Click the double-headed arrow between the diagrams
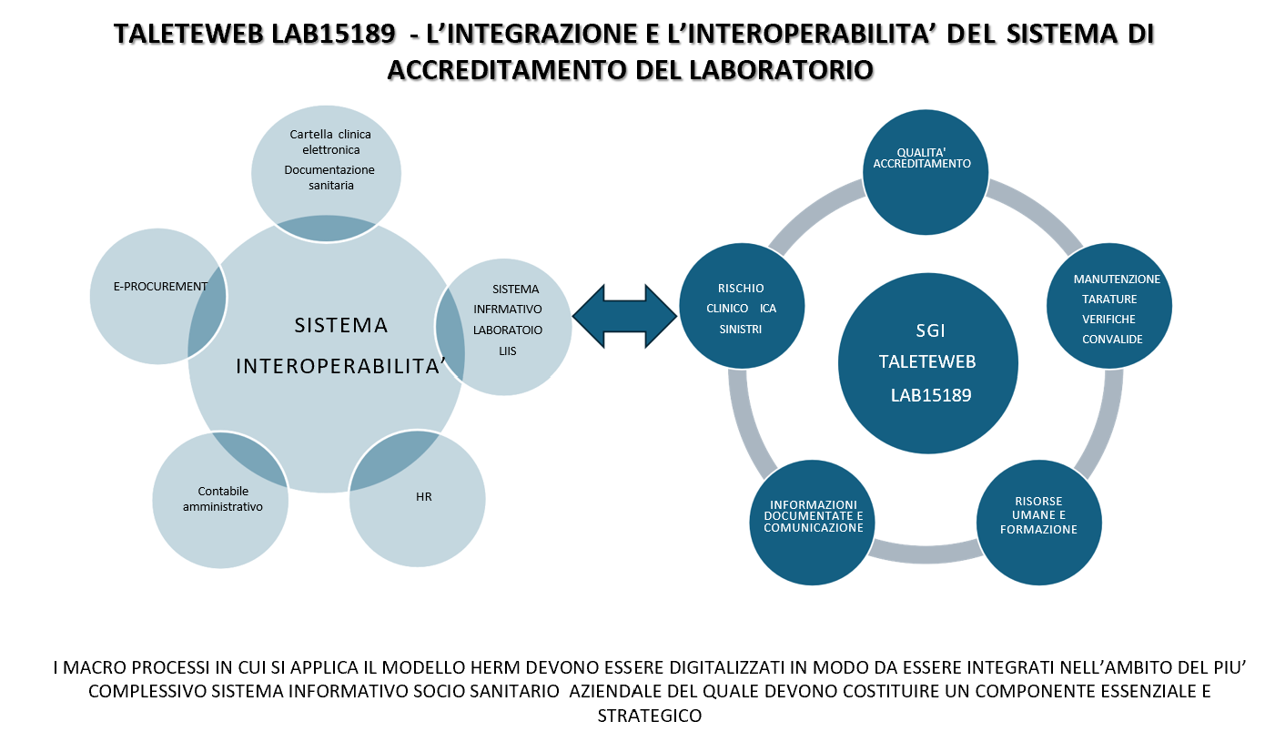(x=624, y=317)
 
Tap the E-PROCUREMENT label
(x=160, y=287)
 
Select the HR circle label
(x=423, y=496)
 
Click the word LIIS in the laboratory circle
(x=507, y=351)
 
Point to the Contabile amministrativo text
(x=222, y=499)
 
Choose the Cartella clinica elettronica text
(x=330, y=142)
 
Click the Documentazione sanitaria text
(x=329, y=178)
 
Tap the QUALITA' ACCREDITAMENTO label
(x=922, y=158)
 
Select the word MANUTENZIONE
(x=1117, y=279)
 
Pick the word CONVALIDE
(x=1112, y=340)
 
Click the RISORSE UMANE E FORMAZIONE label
(x=1038, y=515)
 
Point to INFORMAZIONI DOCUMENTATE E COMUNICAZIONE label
(x=814, y=516)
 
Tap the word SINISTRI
(x=741, y=330)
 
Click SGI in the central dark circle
(x=930, y=330)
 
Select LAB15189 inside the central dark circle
(x=931, y=395)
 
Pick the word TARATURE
(x=1109, y=300)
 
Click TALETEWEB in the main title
(x=188, y=34)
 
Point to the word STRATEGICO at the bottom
(x=650, y=716)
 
